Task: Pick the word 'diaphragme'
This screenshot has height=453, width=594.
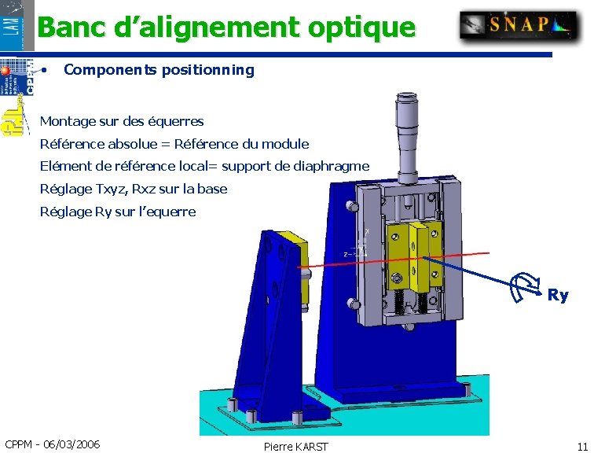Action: coord(330,166)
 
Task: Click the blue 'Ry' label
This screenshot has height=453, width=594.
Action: coord(558,296)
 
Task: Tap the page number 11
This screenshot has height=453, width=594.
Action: coord(581,446)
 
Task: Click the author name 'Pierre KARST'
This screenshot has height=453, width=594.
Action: coord(296,447)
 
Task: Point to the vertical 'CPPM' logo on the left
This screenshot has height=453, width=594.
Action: coord(29,78)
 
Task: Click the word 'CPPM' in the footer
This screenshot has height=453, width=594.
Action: coord(18,444)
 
